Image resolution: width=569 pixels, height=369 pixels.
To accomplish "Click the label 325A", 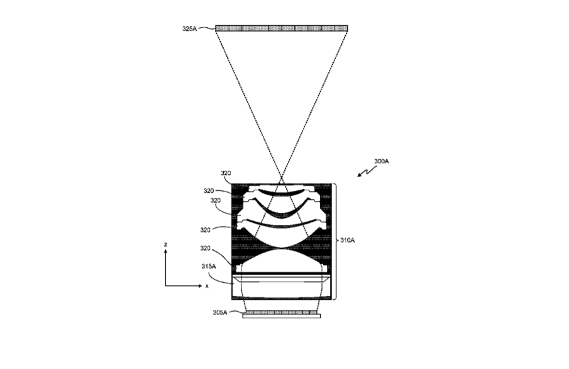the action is (x=189, y=28).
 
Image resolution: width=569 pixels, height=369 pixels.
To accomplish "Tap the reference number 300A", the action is (x=382, y=161).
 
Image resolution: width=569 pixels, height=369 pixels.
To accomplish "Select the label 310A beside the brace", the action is (x=347, y=241).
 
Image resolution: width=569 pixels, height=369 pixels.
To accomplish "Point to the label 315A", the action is (x=209, y=266).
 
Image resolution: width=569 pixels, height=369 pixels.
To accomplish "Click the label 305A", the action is (x=220, y=312).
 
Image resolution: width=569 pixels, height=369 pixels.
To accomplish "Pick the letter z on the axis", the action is (x=165, y=244).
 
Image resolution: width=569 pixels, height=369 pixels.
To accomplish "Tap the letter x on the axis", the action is (x=207, y=286).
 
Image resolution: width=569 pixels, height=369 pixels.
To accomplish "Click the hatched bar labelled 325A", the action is (x=282, y=28).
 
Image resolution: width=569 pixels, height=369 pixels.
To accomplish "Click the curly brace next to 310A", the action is (x=336, y=242).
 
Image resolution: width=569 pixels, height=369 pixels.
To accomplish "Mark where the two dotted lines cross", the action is (x=281, y=178).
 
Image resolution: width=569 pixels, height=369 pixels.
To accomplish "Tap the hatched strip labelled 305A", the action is (x=282, y=312).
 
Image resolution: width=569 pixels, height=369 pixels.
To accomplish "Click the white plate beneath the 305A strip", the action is (x=282, y=316).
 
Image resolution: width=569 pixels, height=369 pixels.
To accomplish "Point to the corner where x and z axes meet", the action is (x=166, y=286).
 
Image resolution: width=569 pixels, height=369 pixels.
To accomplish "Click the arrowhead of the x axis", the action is (x=201, y=286).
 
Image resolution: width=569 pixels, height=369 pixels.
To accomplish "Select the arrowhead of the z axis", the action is (x=166, y=251).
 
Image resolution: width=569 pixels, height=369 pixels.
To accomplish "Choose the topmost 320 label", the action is (x=226, y=173).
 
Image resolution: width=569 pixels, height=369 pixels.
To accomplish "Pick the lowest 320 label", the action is (x=205, y=248).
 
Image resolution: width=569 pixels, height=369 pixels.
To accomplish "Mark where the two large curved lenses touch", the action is (x=281, y=249).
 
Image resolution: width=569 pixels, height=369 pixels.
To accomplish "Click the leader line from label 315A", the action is (x=218, y=278).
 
